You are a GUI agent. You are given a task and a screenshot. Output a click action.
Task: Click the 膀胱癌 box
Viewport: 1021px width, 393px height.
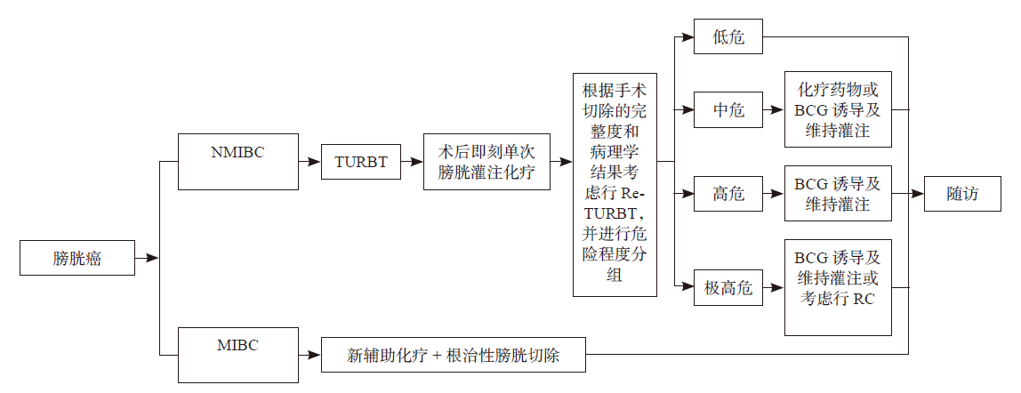pos(76,259)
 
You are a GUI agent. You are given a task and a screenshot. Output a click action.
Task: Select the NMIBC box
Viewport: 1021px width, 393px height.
pos(238,162)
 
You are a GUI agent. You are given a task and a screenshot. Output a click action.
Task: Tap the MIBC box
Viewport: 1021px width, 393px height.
pos(238,355)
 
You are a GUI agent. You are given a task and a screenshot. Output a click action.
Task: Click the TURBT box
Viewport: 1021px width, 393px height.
pos(361,162)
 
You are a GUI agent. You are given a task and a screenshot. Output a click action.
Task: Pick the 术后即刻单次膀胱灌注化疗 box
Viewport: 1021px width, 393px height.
pos(486,163)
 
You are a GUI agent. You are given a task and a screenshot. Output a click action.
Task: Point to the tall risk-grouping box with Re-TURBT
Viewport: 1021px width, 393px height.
pos(615,185)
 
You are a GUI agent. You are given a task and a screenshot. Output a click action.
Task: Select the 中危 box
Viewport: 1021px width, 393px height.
pos(728,110)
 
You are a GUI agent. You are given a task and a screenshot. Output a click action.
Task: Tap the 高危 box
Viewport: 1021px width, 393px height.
pos(728,193)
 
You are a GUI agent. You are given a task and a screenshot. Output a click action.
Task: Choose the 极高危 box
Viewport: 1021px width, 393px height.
pos(728,287)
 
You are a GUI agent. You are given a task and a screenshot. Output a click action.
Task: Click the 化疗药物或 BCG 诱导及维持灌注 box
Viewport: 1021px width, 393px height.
pos(837,110)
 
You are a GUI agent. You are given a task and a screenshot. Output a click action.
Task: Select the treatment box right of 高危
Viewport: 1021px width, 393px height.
pos(837,193)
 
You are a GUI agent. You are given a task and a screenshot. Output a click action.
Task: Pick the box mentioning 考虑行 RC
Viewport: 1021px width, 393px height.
pos(837,287)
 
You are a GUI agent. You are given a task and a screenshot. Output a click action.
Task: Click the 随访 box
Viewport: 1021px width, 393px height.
pos(962,193)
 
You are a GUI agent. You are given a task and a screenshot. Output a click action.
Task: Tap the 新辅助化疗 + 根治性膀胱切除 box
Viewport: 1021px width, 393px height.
pos(454,356)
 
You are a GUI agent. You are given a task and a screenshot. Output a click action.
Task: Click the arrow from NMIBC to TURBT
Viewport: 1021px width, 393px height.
pos(310,163)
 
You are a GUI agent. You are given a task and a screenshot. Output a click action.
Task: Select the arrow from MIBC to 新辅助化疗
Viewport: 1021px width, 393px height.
pos(310,356)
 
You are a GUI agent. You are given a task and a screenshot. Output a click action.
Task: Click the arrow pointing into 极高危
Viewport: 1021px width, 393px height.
pos(685,287)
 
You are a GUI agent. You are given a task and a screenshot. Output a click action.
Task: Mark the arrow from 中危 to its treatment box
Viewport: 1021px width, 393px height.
pos(774,110)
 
